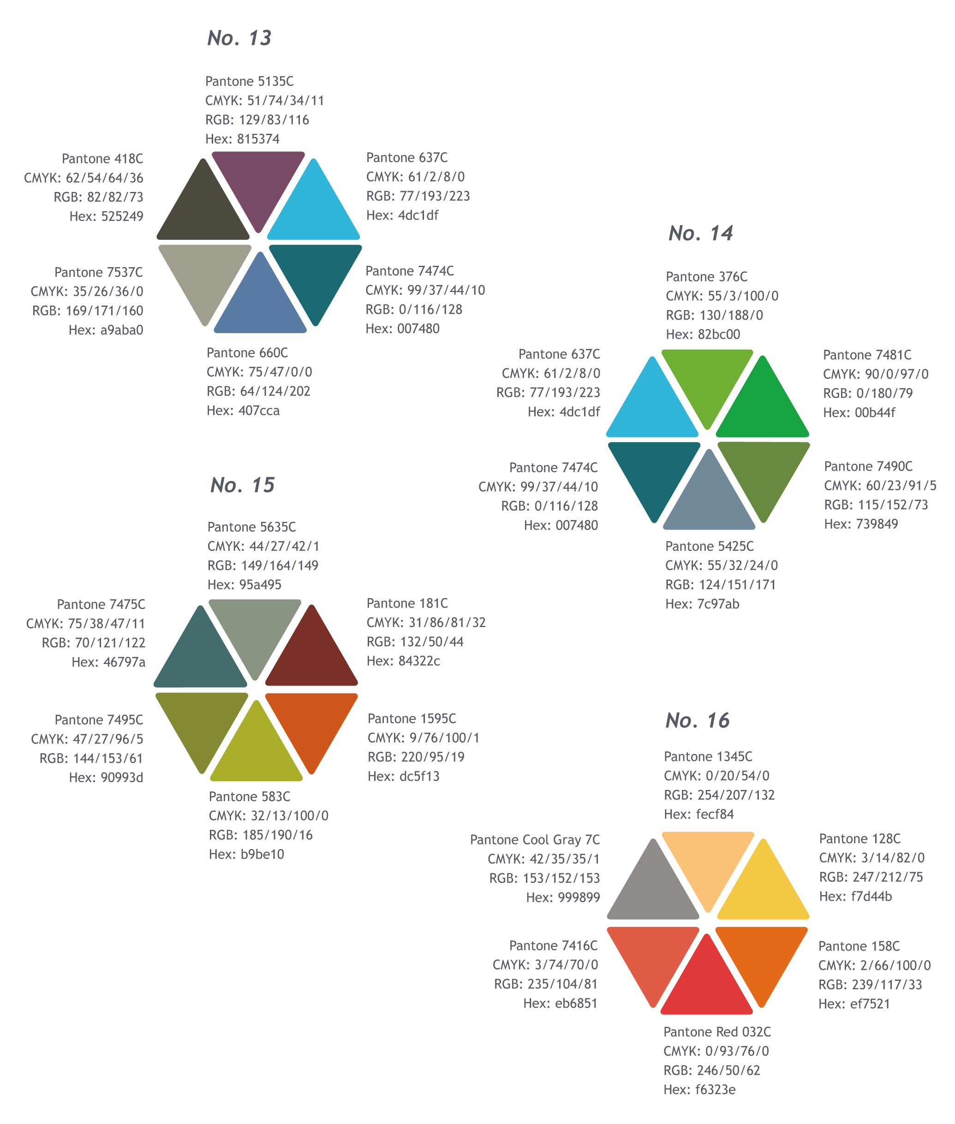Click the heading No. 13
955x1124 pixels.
239,38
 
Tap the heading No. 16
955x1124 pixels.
697,721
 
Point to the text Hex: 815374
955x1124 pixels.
242,139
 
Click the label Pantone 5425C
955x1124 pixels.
709,546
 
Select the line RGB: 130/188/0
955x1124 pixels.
714,315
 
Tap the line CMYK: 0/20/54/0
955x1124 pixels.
716,776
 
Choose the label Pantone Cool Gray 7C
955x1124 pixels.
535,840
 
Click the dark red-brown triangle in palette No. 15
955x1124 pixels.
312,657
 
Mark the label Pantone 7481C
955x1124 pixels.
867,355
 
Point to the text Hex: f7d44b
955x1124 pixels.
855,897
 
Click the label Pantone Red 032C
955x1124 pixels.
717,1032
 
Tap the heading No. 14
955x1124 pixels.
700,233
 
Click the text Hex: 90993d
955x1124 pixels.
106,778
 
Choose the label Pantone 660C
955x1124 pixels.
247,353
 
